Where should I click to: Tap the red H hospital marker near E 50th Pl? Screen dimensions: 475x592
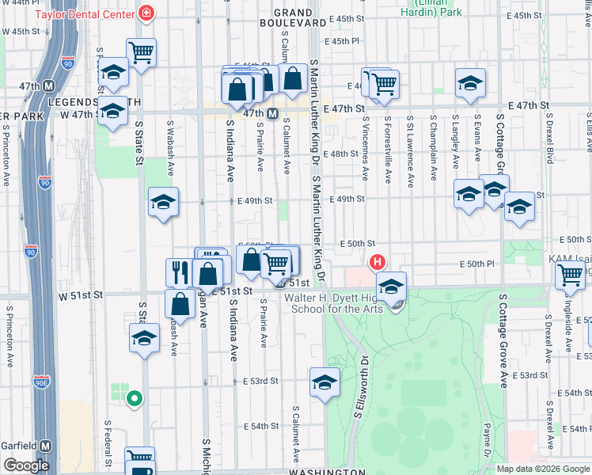(x=378, y=262)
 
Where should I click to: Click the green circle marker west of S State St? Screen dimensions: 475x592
(x=135, y=399)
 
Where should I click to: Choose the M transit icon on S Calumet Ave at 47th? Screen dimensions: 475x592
(x=271, y=114)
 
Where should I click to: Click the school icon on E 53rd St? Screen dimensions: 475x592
(x=324, y=382)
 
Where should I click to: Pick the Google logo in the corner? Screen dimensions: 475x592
(x=27, y=465)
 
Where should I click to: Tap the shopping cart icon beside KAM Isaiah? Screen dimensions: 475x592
(x=570, y=275)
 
